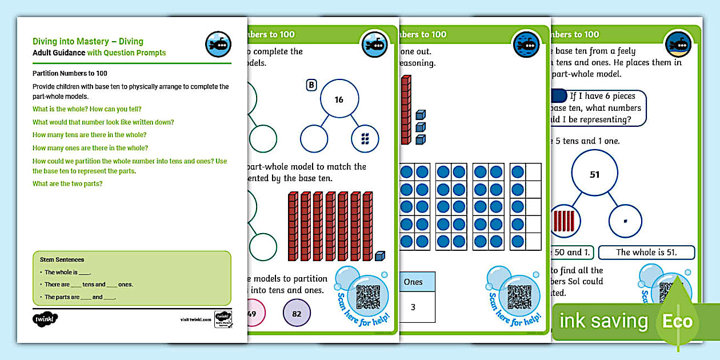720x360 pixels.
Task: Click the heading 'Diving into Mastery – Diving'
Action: click(87, 41)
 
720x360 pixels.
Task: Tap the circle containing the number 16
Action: click(339, 99)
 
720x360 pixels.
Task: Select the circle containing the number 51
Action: click(594, 174)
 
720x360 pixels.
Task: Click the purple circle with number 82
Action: click(296, 314)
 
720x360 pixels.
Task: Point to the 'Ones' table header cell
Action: click(413, 282)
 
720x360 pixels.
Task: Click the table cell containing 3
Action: click(413, 307)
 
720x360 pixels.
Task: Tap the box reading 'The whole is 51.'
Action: click(646, 252)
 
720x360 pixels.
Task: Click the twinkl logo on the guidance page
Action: click(46, 318)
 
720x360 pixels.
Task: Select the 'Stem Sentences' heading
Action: click(62, 259)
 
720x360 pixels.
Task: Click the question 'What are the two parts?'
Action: click(66, 183)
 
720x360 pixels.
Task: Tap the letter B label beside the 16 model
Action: click(311, 85)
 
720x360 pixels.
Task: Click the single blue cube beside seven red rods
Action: click(379, 256)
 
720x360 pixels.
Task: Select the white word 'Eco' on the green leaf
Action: click(677, 321)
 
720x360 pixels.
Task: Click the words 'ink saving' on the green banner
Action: click(603, 321)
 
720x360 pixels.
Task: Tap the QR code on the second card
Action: click(367, 295)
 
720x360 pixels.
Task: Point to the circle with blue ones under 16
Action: click(366, 138)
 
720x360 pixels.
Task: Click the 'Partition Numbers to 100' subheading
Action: click(70, 73)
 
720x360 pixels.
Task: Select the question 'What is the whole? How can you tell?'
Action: click(87, 109)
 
